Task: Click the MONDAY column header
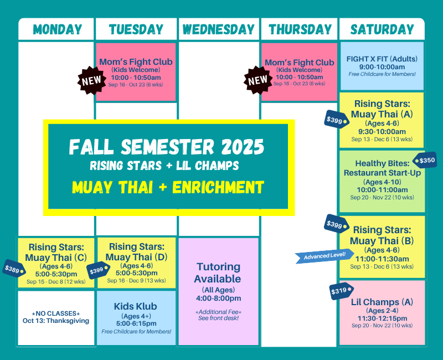[57, 29]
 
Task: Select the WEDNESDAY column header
[218, 29]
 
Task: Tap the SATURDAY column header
[382, 29]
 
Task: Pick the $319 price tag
[340, 291]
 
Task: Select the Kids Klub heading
[136, 306]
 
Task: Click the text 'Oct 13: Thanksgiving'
[56, 321]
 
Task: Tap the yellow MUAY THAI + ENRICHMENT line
[168, 187]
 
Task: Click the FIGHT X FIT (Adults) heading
[382, 59]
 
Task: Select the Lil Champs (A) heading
[382, 302]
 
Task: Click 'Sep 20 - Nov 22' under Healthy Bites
[382, 197]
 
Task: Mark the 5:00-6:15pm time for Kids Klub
[136, 323]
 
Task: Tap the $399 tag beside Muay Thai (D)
[97, 270]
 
